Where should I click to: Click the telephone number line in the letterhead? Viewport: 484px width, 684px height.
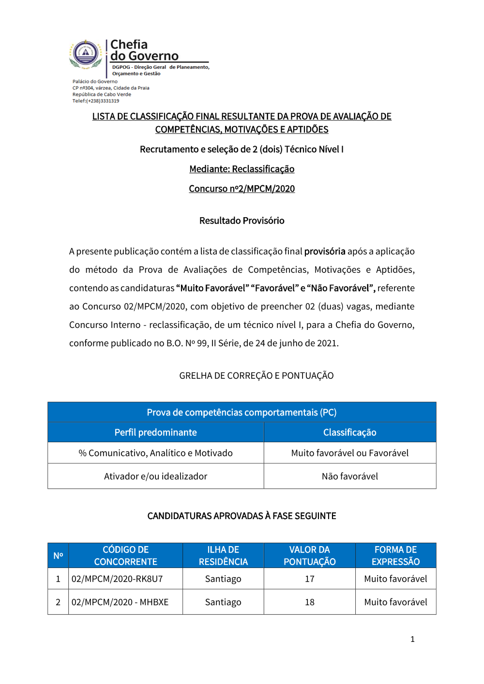tap(96, 101)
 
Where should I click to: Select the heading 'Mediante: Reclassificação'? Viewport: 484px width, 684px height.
tap(242, 169)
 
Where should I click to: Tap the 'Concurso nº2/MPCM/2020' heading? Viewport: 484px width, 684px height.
tap(242, 189)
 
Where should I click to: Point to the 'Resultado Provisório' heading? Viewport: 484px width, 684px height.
tap(242, 221)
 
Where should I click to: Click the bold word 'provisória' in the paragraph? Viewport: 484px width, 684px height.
tap(325, 251)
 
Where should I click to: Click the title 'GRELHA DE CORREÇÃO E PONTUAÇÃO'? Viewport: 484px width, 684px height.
tap(256, 375)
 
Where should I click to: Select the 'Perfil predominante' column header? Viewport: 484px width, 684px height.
tap(155, 432)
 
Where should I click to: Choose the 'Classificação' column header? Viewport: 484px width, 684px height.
tap(349, 432)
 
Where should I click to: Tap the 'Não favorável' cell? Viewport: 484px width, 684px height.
tap(349, 476)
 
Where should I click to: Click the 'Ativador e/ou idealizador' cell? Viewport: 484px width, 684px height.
tap(155, 476)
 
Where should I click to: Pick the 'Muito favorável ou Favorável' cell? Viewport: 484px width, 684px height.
tap(349, 453)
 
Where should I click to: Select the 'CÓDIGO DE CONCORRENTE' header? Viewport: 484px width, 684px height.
tap(125, 555)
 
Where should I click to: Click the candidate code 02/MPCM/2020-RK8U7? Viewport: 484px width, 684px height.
tap(117, 579)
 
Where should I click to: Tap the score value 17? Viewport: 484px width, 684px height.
tap(309, 579)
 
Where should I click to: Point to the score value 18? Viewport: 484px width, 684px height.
tap(309, 602)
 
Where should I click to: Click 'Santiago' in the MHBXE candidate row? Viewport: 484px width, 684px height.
tap(223, 602)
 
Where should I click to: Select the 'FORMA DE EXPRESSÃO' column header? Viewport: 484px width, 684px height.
tap(395, 555)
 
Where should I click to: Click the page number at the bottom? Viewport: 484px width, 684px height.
tap(412, 639)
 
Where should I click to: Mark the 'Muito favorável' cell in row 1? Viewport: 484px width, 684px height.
tap(395, 579)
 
